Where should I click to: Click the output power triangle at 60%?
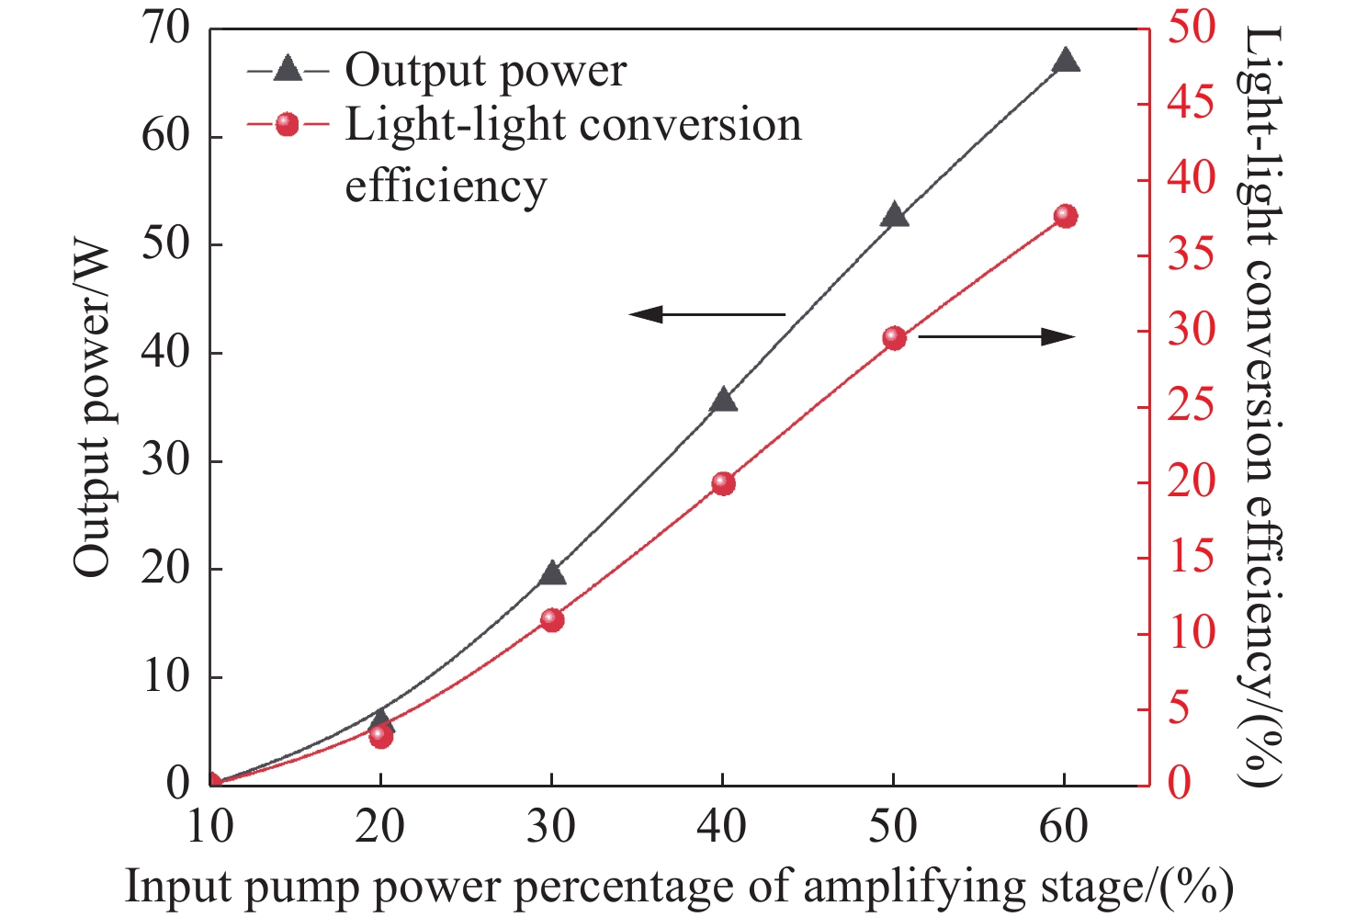1065,62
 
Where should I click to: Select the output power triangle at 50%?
894,216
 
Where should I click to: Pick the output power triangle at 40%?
723,400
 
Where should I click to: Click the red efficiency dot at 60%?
1065,217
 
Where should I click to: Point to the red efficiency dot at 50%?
894,338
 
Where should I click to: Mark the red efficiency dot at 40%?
723,483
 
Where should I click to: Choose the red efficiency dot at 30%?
551,619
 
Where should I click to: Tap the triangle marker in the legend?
288,70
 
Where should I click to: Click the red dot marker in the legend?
288,125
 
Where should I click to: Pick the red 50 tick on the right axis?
1191,28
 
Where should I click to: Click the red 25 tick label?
1191,407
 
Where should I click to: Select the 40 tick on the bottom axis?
721,827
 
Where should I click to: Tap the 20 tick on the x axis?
379,827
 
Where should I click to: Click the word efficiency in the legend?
446,186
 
